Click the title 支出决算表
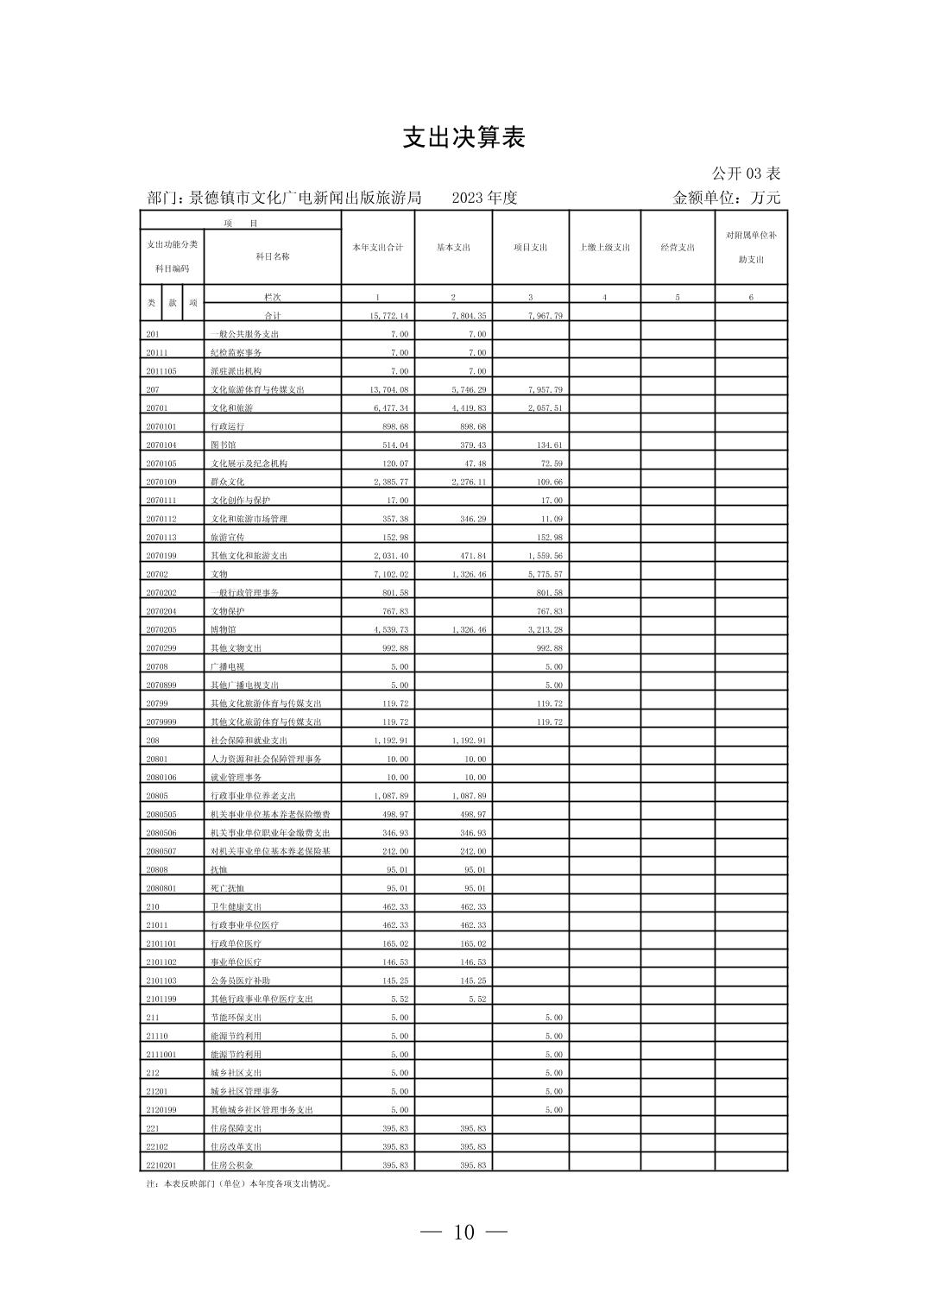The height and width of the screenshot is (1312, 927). pos(463,138)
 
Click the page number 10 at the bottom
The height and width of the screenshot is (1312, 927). pos(463,1232)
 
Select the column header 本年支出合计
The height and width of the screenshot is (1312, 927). pos(377,248)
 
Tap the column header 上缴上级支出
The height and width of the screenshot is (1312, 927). pos(604,248)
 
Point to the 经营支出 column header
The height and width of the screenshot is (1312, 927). pos(678,248)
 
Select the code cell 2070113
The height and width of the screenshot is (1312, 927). pos(161,538)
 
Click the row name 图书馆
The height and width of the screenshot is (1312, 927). pos(223,445)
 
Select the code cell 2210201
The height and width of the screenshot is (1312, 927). pos(161,1165)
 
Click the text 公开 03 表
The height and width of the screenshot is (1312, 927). pos(746,173)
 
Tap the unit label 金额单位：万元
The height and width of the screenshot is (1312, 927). pos(726,198)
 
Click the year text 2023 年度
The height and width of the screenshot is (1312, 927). pos(484,198)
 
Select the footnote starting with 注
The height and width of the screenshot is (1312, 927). pos(238,1183)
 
